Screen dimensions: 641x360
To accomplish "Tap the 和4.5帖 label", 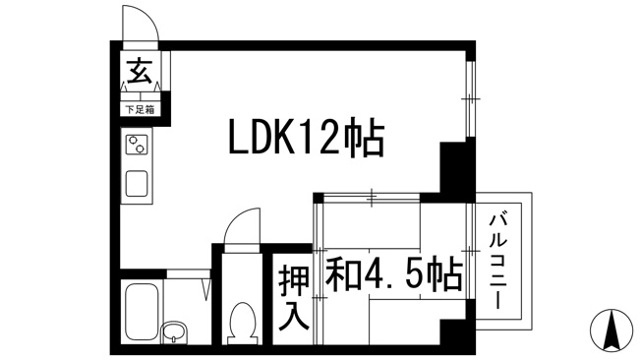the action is click(x=394, y=273).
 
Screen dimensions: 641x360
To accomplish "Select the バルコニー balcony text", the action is click(x=498, y=260).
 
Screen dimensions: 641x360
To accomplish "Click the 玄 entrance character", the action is click(x=140, y=71).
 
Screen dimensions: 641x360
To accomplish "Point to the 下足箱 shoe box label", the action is click(x=140, y=109).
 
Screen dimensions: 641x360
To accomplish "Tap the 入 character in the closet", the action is click(x=294, y=316).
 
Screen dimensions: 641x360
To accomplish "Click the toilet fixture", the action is click(x=242, y=324).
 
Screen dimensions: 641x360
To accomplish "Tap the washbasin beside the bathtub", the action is click(x=174, y=331).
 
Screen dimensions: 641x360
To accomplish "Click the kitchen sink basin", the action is click(x=137, y=183).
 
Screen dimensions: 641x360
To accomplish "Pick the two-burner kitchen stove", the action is click(x=137, y=145).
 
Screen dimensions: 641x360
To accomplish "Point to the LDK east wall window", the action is click(x=471, y=98).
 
